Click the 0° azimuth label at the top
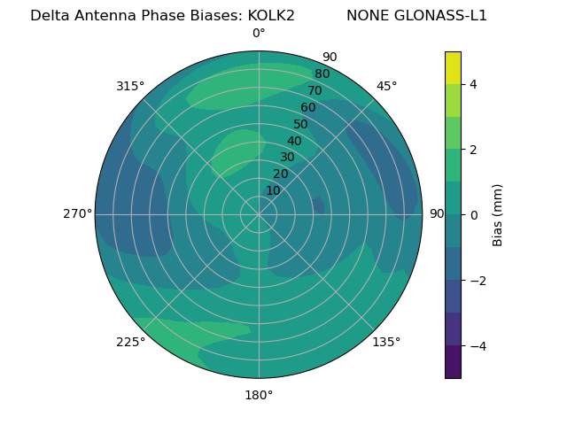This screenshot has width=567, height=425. tap(259, 34)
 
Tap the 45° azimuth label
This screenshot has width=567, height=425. tap(386, 86)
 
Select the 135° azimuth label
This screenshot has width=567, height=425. tap(386, 342)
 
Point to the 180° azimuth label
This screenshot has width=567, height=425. tap(259, 395)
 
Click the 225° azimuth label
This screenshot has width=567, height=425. tap(130, 342)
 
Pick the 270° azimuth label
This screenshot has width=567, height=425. tap(77, 213)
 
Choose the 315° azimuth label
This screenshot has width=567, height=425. tap(130, 86)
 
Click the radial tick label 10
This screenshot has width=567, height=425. tap(273, 190)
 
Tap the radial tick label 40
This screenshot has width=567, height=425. tap(294, 141)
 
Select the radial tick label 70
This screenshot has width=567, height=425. tap(315, 90)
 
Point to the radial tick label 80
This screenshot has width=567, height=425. tap(322, 73)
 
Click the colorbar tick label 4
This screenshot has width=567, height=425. tap(473, 84)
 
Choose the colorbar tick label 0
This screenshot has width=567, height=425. tap(473, 215)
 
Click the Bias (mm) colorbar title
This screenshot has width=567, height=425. tap(498, 215)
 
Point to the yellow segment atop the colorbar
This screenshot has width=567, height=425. tap(453, 67)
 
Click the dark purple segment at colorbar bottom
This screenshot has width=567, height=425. tap(453, 362)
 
